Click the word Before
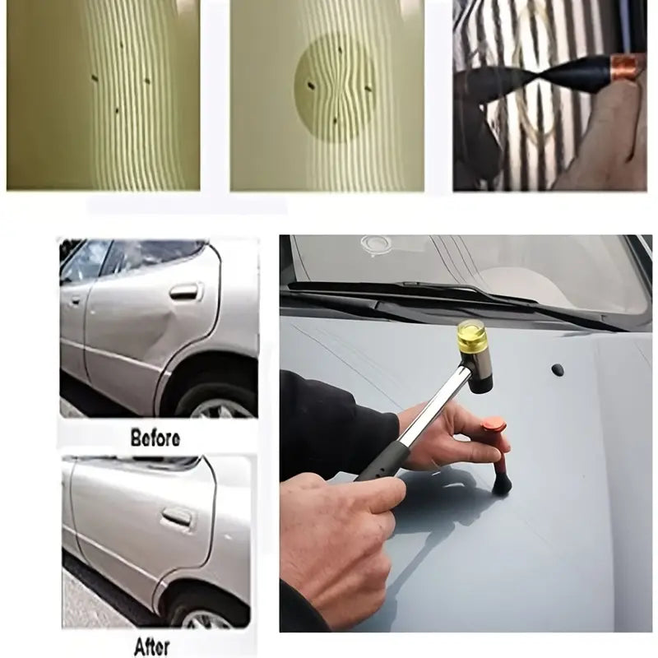tap(155, 438)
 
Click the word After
tap(152, 646)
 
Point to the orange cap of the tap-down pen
tap(495, 424)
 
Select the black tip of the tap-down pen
tap(503, 486)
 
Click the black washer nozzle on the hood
tap(558, 369)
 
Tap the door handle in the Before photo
tap(185, 291)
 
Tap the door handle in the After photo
tap(177, 517)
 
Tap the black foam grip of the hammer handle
tap(387, 461)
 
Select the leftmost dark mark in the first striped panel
tap(95, 78)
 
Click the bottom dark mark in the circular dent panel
tap(335, 120)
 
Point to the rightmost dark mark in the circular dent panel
tap(368, 89)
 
